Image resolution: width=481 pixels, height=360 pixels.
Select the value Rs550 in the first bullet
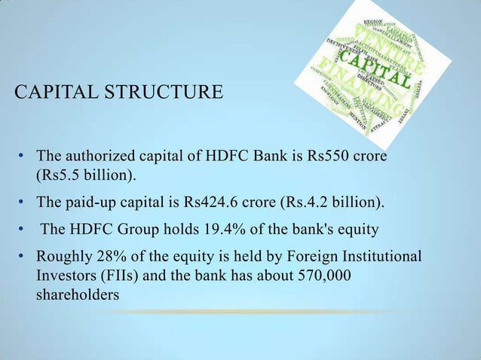point(329,157)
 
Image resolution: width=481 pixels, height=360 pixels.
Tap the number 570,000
point(321,276)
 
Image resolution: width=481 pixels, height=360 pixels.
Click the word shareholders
point(78,294)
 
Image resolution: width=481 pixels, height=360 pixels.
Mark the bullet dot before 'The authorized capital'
point(23,157)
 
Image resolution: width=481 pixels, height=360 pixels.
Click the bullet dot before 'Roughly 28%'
point(23,257)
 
